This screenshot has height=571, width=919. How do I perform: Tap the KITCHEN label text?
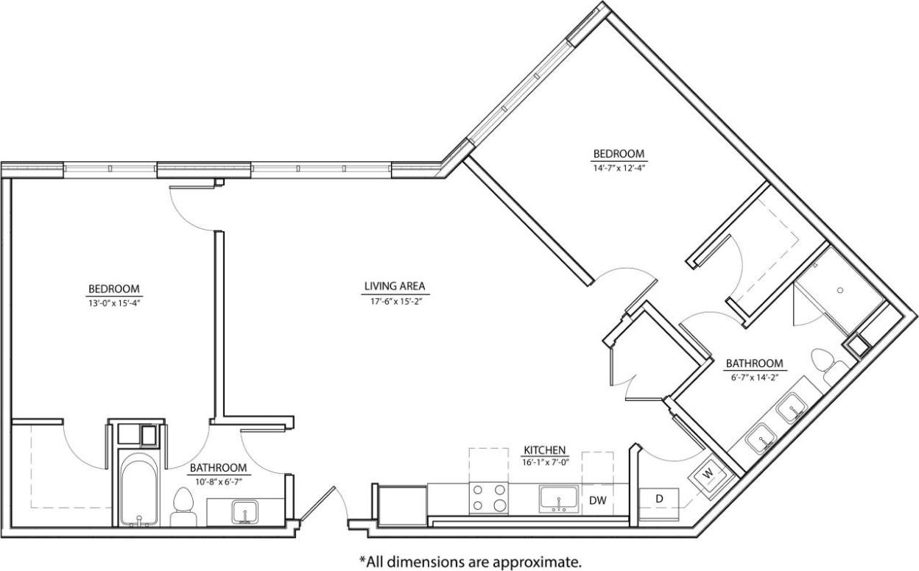[x=544, y=450]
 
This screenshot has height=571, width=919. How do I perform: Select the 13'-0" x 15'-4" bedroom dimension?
[x=114, y=302]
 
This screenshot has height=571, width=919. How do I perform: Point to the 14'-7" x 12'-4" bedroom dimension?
[x=619, y=167]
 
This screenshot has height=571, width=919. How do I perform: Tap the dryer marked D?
[x=659, y=499]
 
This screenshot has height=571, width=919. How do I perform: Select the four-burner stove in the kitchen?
[x=489, y=497]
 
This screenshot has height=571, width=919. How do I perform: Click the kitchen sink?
[x=560, y=498]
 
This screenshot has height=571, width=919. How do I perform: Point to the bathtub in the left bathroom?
[x=138, y=489]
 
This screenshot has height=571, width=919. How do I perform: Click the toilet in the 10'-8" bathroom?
[x=182, y=506]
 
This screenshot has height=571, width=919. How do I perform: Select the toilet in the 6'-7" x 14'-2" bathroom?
[x=824, y=362]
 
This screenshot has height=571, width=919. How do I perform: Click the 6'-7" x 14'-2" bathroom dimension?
[x=754, y=377]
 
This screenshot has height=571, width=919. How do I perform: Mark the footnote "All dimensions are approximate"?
[x=470, y=561]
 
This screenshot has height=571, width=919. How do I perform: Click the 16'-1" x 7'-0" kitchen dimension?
[x=544, y=461]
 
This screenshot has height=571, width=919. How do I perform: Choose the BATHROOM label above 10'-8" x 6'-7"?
[x=219, y=467]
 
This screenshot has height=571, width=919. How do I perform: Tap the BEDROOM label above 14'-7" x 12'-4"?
[x=619, y=154]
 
